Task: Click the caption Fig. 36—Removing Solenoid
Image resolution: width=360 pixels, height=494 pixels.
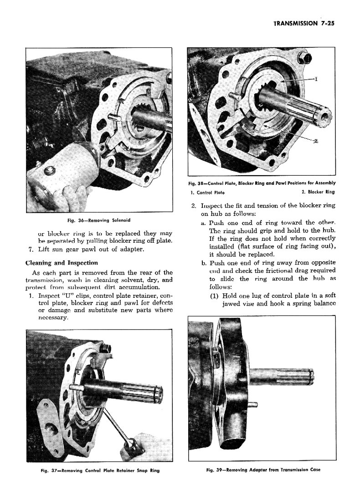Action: (x=98, y=220)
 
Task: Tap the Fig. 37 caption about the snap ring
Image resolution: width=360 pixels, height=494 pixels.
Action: (x=98, y=470)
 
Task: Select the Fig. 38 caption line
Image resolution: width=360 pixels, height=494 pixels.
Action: (x=262, y=183)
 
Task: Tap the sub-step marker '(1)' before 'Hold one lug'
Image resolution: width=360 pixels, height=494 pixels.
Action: (x=215, y=295)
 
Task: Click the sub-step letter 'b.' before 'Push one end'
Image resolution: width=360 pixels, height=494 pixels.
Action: (x=203, y=263)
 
